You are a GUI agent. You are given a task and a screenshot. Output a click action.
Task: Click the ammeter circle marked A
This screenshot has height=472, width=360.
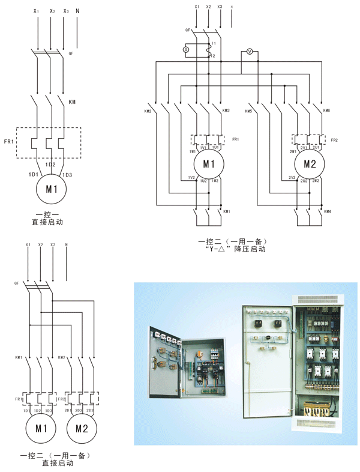[186, 49]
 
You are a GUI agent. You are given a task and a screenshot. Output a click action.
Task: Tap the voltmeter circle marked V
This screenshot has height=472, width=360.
[250, 52]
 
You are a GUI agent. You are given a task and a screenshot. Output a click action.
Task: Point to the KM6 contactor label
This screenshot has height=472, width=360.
[326, 111]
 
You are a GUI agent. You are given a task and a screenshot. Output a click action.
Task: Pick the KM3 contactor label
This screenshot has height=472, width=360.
[226, 111]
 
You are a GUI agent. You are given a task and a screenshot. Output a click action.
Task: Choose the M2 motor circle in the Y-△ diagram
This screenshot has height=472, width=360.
[309, 164]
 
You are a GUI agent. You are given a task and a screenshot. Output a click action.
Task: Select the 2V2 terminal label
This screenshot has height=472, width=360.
[292, 178]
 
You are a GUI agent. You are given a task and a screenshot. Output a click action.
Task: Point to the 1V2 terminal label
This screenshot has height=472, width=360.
[191, 178]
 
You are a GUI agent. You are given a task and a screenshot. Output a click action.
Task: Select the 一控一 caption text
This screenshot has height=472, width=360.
[47, 213]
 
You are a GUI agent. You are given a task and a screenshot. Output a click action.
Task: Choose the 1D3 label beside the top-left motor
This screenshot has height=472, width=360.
[67, 175]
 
